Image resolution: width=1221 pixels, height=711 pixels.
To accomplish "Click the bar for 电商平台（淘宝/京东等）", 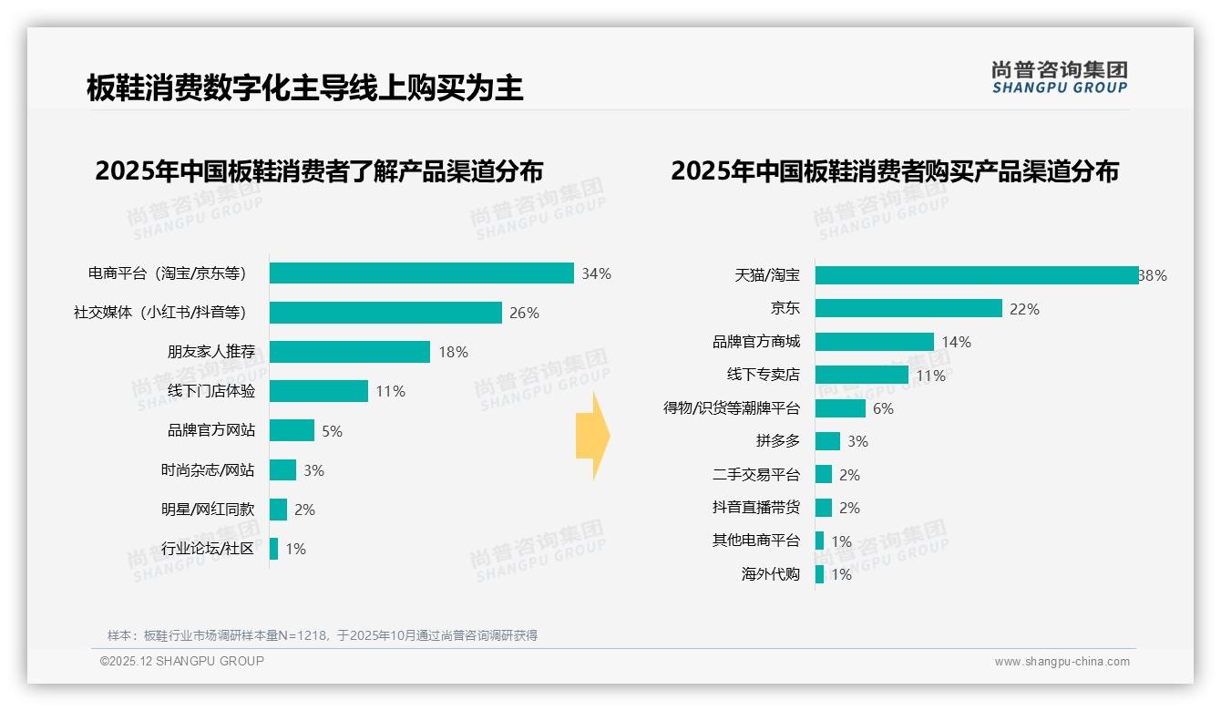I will coord(421,273).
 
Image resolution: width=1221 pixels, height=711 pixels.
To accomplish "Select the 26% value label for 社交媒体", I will coord(524,313).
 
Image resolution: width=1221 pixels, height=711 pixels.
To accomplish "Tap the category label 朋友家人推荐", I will coord(210,352).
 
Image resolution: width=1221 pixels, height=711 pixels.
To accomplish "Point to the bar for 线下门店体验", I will coord(318,391).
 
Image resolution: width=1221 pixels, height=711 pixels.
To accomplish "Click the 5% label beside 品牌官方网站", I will coord(332,431).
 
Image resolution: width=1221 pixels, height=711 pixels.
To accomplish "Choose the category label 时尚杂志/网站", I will coord(207,470).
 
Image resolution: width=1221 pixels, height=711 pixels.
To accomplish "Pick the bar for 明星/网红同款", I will coord(278,510).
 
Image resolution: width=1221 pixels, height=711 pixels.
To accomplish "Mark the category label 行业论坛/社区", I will coord(207,549).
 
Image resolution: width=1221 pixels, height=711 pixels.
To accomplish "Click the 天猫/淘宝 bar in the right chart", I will coord(976,275).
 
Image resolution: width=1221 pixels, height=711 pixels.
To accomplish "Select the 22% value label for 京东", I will coord(1024,309).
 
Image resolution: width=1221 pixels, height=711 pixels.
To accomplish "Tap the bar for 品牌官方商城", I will coord(874,342).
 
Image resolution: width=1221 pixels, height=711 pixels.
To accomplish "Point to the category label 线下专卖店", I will coord(763,375).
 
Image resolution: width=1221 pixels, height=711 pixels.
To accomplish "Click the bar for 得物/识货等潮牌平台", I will coord(839,408).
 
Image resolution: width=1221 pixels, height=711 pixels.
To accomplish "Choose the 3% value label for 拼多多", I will coord(857,441).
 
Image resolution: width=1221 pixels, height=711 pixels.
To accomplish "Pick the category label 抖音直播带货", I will coord(755,508).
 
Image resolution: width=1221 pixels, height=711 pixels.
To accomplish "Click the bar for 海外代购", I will coord(819,574).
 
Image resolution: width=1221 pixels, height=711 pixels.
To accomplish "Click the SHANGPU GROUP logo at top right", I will coord(1059,77).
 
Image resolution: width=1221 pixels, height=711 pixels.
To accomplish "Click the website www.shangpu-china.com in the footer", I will coord(1062,662).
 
